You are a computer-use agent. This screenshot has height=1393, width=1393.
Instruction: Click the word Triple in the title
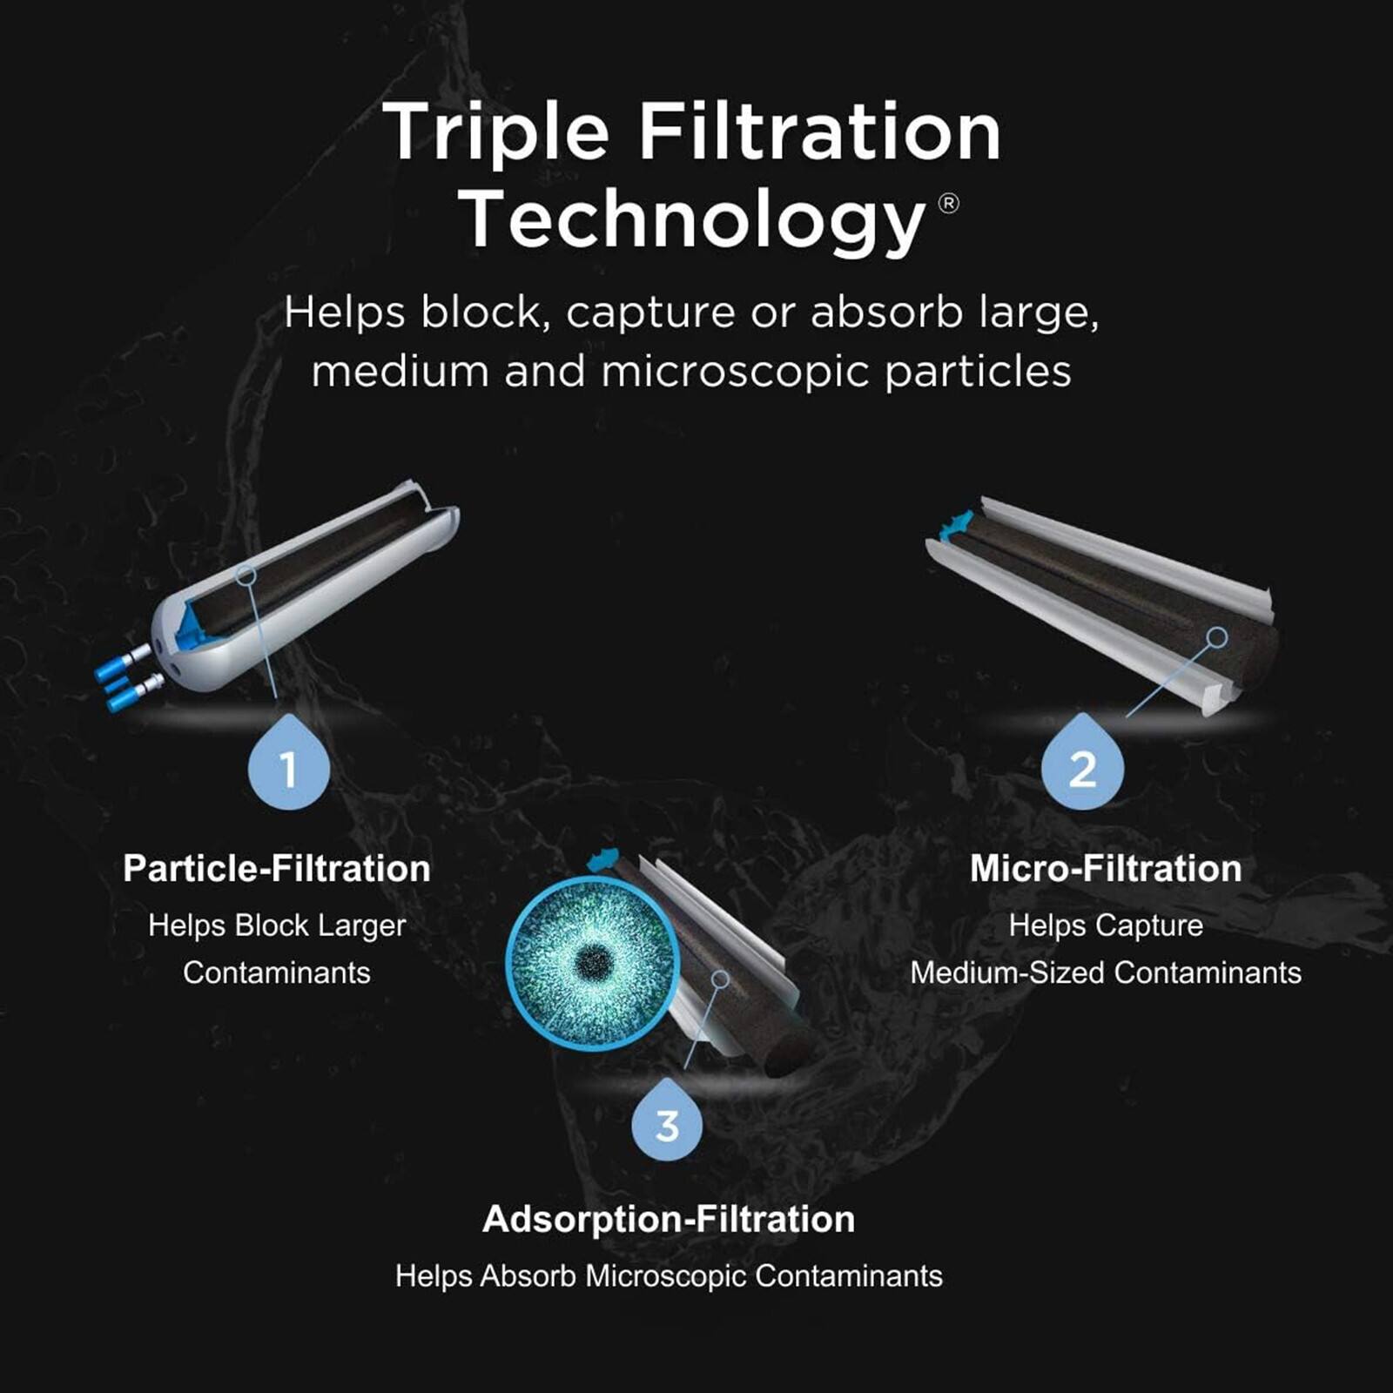coord(495,132)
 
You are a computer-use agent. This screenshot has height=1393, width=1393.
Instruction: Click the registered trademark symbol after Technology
coord(949,204)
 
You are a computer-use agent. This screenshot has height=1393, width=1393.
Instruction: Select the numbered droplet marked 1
coord(288,766)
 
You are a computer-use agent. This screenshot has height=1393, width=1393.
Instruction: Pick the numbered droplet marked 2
coord(1082,766)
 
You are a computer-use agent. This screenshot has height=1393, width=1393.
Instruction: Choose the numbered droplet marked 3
coord(667,1123)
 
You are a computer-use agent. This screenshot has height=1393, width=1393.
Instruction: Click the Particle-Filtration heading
coord(277,868)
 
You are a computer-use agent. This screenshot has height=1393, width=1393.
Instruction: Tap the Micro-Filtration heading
coord(1106,868)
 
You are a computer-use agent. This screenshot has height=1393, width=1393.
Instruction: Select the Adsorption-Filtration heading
coord(669,1219)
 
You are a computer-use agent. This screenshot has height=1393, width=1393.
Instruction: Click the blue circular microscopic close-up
coord(593,962)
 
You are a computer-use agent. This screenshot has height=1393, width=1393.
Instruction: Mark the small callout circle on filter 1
coord(246,575)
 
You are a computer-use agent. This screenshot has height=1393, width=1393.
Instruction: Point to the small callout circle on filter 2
coord(1218,637)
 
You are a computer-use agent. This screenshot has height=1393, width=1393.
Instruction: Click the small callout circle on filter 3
coord(720,979)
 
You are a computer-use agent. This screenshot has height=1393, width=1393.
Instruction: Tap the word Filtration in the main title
coord(819,132)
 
